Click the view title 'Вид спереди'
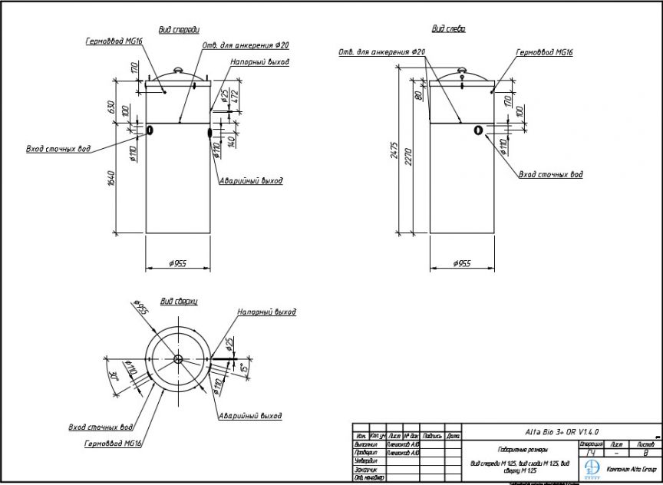click(178, 29)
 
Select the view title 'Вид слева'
click(448, 28)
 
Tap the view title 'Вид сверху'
click(179, 302)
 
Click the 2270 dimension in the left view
click(408, 158)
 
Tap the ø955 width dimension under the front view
click(177, 264)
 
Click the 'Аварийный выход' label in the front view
click(251, 181)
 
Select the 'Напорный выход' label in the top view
click(266, 312)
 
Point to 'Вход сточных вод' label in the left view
click(549, 175)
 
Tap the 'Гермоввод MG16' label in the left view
click(544, 53)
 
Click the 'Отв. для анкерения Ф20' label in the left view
click(381, 52)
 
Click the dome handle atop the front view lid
click(177, 71)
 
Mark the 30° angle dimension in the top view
click(113, 376)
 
